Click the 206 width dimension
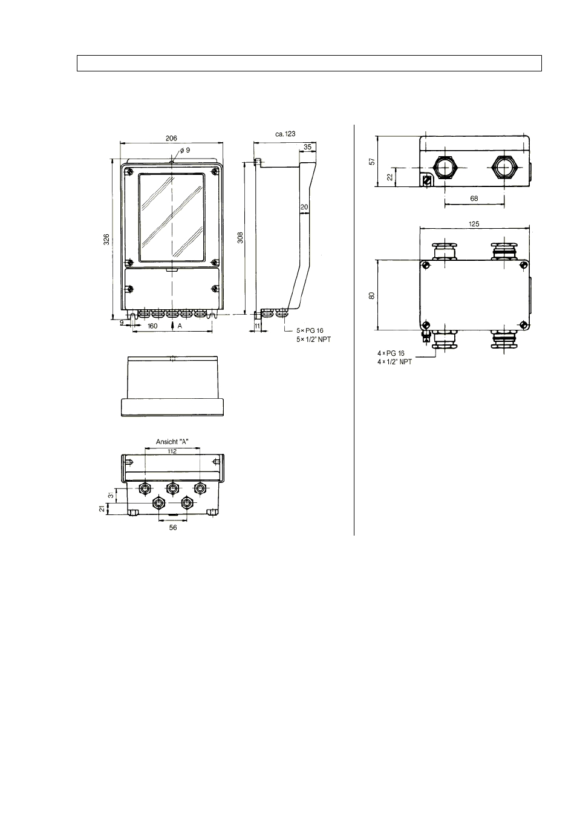pyautogui.click(x=171, y=138)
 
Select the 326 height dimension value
pyautogui.click(x=106, y=239)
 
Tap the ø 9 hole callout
pyautogui.click(x=185, y=150)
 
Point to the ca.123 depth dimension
pyautogui.click(x=285, y=134)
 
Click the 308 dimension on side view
pyautogui.click(x=240, y=238)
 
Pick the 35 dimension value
pyautogui.click(x=307, y=146)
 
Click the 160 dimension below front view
pyautogui.click(x=152, y=326)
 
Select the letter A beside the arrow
pyautogui.click(x=180, y=326)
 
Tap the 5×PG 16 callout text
pyautogui.click(x=310, y=331)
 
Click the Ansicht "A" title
pyautogui.click(x=172, y=442)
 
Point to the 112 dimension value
pyautogui.click(x=172, y=451)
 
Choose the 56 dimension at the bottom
pyautogui.click(x=173, y=527)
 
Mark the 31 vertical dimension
pyautogui.click(x=111, y=495)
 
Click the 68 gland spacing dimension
pyautogui.click(x=474, y=199)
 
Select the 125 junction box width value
pyautogui.click(x=474, y=224)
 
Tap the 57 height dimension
pyautogui.click(x=372, y=161)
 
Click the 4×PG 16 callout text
pyautogui.click(x=391, y=353)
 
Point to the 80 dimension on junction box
pyautogui.click(x=371, y=295)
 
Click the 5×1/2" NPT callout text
pyautogui.click(x=313, y=340)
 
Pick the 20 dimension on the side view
pyautogui.click(x=304, y=207)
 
